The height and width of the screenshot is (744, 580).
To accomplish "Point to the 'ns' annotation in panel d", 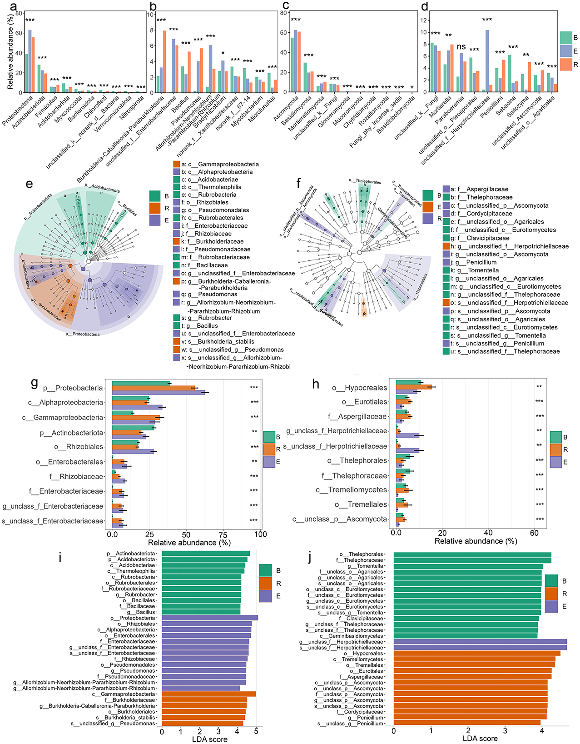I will (461, 47).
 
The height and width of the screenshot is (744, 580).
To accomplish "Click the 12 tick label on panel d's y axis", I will (424, 20).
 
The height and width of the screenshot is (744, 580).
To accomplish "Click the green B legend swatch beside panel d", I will (565, 38).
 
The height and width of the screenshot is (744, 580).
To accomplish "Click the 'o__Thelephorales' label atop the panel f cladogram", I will (368, 182).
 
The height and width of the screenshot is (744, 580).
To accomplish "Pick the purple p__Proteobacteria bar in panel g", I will (159, 393).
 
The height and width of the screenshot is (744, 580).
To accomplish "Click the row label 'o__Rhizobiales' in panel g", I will (79, 447).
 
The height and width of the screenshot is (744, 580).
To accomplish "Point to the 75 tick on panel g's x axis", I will (223, 534).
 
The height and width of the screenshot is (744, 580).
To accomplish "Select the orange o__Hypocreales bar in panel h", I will (414, 387).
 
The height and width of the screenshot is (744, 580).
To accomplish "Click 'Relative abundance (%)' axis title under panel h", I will (476, 541).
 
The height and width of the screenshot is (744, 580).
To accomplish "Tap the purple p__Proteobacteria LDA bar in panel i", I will (209, 618).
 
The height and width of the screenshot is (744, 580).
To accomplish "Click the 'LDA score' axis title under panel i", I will (209, 739).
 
